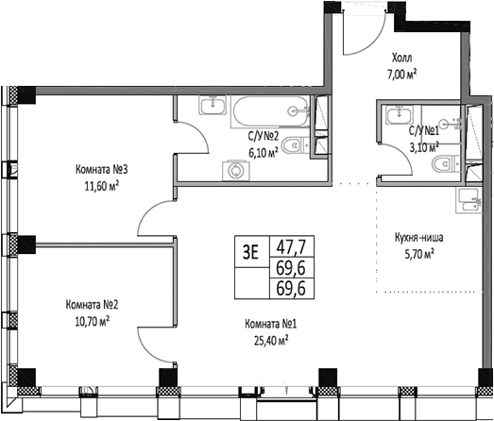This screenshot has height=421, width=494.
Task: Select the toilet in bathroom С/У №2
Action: click(x=295, y=144)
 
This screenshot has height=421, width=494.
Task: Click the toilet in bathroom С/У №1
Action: click(x=440, y=166)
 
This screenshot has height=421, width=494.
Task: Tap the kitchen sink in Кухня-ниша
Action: click(x=468, y=196)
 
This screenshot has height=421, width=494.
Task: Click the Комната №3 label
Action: click(x=101, y=170)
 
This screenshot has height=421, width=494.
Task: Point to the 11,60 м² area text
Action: click(x=101, y=186)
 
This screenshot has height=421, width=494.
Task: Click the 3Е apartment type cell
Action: click(x=251, y=251)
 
